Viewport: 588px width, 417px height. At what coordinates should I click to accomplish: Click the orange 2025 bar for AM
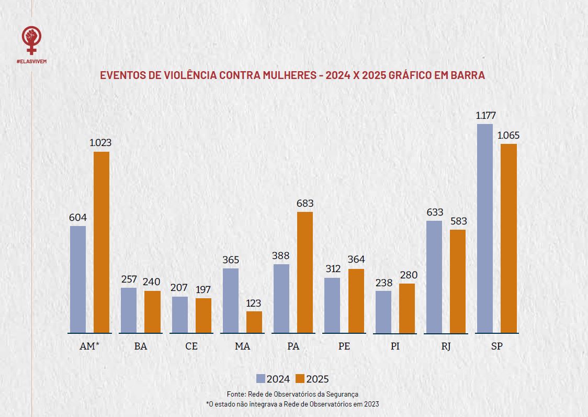pyautogui.click(x=101, y=242)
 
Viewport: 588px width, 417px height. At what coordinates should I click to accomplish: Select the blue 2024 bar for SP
pyautogui.click(x=485, y=228)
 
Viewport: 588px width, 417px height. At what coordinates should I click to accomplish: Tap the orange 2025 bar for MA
pyautogui.click(x=254, y=322)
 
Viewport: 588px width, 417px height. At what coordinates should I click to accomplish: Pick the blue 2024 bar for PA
pyautogui.click(x=281, y=298)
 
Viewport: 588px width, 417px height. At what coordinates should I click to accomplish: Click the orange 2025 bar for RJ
pyautogui.click(x=458, y=281)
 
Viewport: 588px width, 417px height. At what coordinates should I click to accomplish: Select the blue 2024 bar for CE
pyautogui.click(x=179, y=314)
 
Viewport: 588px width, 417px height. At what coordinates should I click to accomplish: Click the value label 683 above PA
pyautogui.click(x=305, y=204)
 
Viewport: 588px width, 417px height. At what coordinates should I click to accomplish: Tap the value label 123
pyautogui.click(x=254, y=303)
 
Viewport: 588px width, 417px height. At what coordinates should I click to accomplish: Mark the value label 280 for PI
pyautogui.click(x=408, y=275)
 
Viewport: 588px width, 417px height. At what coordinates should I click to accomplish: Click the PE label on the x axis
pyautogui.click(x=344, y=346)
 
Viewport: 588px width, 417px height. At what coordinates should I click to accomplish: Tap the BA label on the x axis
pyautogui.click(x=140, y=346)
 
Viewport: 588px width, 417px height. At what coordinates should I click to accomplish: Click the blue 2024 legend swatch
pyautogui.click(x=261, y=379)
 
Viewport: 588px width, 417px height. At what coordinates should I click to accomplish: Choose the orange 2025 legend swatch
pyautogui.click(x=300, y=379)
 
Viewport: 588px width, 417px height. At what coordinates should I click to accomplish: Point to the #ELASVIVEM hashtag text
pyautogui.click(x=31, y=61)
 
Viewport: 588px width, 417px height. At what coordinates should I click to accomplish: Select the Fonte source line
pyautogui.click(x=292, y=394)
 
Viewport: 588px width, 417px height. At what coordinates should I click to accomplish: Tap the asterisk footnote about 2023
pyautogui.click(x=292, y=404)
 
